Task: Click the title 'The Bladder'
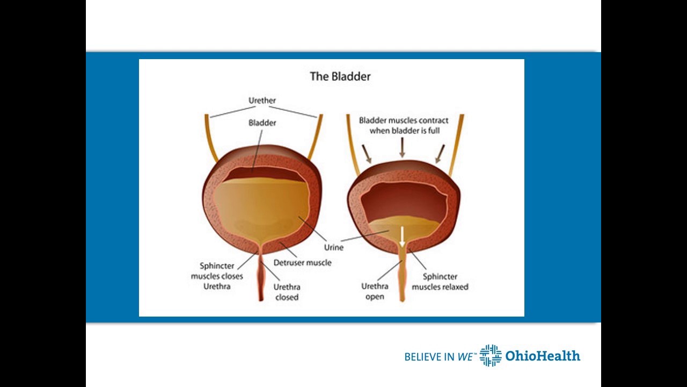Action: tap(340, 76)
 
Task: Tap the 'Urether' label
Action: tap(262, 101)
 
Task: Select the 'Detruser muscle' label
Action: tap(302, 263)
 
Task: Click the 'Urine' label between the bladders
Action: tap(333, 248)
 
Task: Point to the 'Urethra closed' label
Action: tap(287, 292)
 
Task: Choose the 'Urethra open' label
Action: tap(374, 291)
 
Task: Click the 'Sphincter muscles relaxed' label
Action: tap(440, 282)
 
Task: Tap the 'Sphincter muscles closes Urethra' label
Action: tap(217, 276)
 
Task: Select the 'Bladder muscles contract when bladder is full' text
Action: tap(404, 126)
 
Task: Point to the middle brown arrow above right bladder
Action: tap(402, 147)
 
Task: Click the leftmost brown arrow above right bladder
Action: tap(367, 153)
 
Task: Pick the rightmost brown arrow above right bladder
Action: tap(439, 153)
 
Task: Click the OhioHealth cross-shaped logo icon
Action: tap(491, 355)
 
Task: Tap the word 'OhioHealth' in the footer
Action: tap(543, 356)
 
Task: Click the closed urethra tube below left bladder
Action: tap(261, 279)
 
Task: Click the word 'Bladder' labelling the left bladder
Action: tap(262, 123)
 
